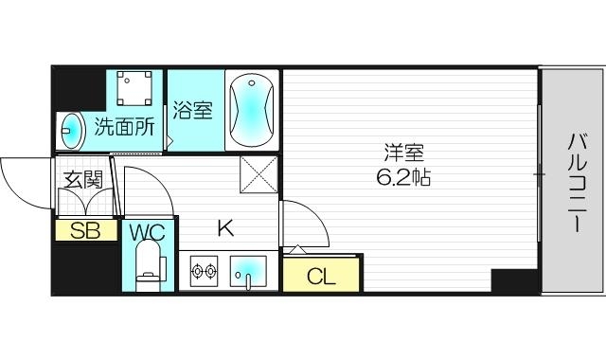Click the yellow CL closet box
click(x=322, y=276)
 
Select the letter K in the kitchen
click(x=225, y=228)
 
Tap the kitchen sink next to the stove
click(x=249, y=273)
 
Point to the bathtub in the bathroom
click(x=251, y=110)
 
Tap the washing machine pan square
click(x=136, y=90)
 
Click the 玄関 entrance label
click(x=81, y=179)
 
